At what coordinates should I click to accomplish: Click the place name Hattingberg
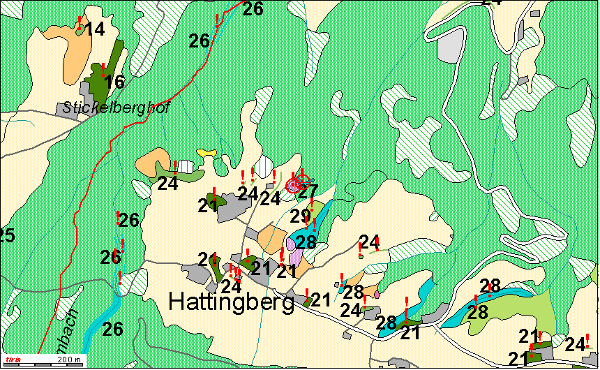pos(231,302)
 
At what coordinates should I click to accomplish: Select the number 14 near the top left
pos(94,29)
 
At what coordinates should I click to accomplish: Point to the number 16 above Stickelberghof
pos(114,82)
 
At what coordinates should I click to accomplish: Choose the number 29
pos(300,216)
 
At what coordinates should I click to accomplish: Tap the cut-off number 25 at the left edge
pos(6,235)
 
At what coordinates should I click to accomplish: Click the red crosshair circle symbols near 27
pos(298,184)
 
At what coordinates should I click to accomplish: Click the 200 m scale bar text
pos(68,360)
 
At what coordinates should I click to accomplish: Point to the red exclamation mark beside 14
pos(80,21)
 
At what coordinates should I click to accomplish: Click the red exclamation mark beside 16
pos(103,68)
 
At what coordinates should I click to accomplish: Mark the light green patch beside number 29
pos(317,209)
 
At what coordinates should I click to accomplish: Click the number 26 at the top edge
pos(253,9)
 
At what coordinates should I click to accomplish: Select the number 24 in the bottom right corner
pos(575,344)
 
